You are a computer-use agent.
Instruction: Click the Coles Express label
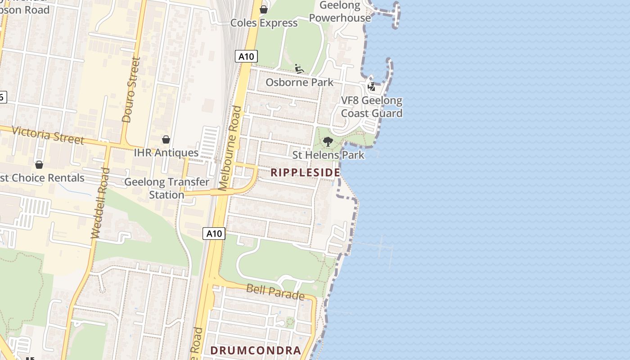pos(264,23)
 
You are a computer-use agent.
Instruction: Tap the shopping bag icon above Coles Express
pos(264,9)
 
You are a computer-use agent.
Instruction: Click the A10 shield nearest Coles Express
pos(247,57)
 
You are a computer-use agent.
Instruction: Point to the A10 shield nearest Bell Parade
pos(214,234)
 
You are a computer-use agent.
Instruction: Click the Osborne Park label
pos(299,82)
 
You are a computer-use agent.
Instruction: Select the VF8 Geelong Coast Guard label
pos(372,107)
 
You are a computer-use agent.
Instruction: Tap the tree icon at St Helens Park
pos(328,142)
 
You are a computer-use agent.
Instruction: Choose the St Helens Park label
pos(328,155)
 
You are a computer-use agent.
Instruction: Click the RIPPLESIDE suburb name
pos(305,173)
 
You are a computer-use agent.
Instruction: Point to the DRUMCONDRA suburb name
pos(255,351)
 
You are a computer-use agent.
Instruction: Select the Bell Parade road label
pos(275,292)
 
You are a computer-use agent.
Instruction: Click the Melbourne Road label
pos(230,148)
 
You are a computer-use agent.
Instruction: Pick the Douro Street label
pos(131,90)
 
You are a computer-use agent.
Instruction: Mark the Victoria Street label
pos(48,135)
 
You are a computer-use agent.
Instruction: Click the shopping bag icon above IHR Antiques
pos(166,139)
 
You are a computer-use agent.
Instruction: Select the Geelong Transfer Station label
pos(166,189)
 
